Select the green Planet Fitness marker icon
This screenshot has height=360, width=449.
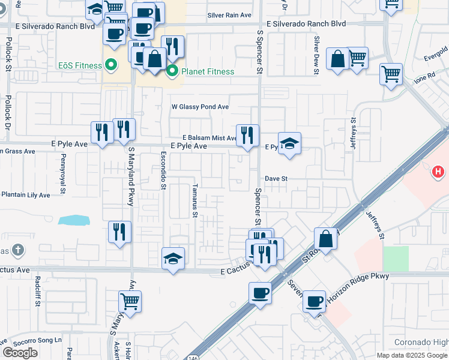(x=172, y=72)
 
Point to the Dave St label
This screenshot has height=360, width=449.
(x=277, y=179)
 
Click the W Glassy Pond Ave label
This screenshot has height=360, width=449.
(x=200, y=107)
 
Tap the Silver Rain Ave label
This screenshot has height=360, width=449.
(x=229, y=15)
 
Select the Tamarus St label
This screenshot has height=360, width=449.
(x=195, y=201)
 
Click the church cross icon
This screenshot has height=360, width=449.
(x=19, y=249)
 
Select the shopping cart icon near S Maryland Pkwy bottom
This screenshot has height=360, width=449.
(x=129, y=301)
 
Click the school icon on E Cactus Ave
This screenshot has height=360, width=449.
(x=173, y=259)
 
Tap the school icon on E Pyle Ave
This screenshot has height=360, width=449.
(x=289, y=143)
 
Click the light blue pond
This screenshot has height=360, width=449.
(x=74, y=220)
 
